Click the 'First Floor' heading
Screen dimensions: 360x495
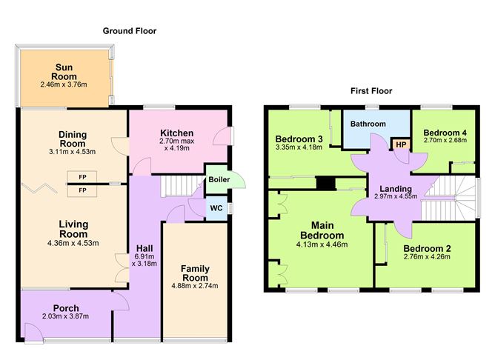pos(371,91)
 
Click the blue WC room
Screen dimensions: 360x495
pos(216,208)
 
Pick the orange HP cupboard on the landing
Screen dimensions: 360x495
pos(400,144)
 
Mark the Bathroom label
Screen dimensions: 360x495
pos(368,124)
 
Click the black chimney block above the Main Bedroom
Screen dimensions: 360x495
pos(324,182)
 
